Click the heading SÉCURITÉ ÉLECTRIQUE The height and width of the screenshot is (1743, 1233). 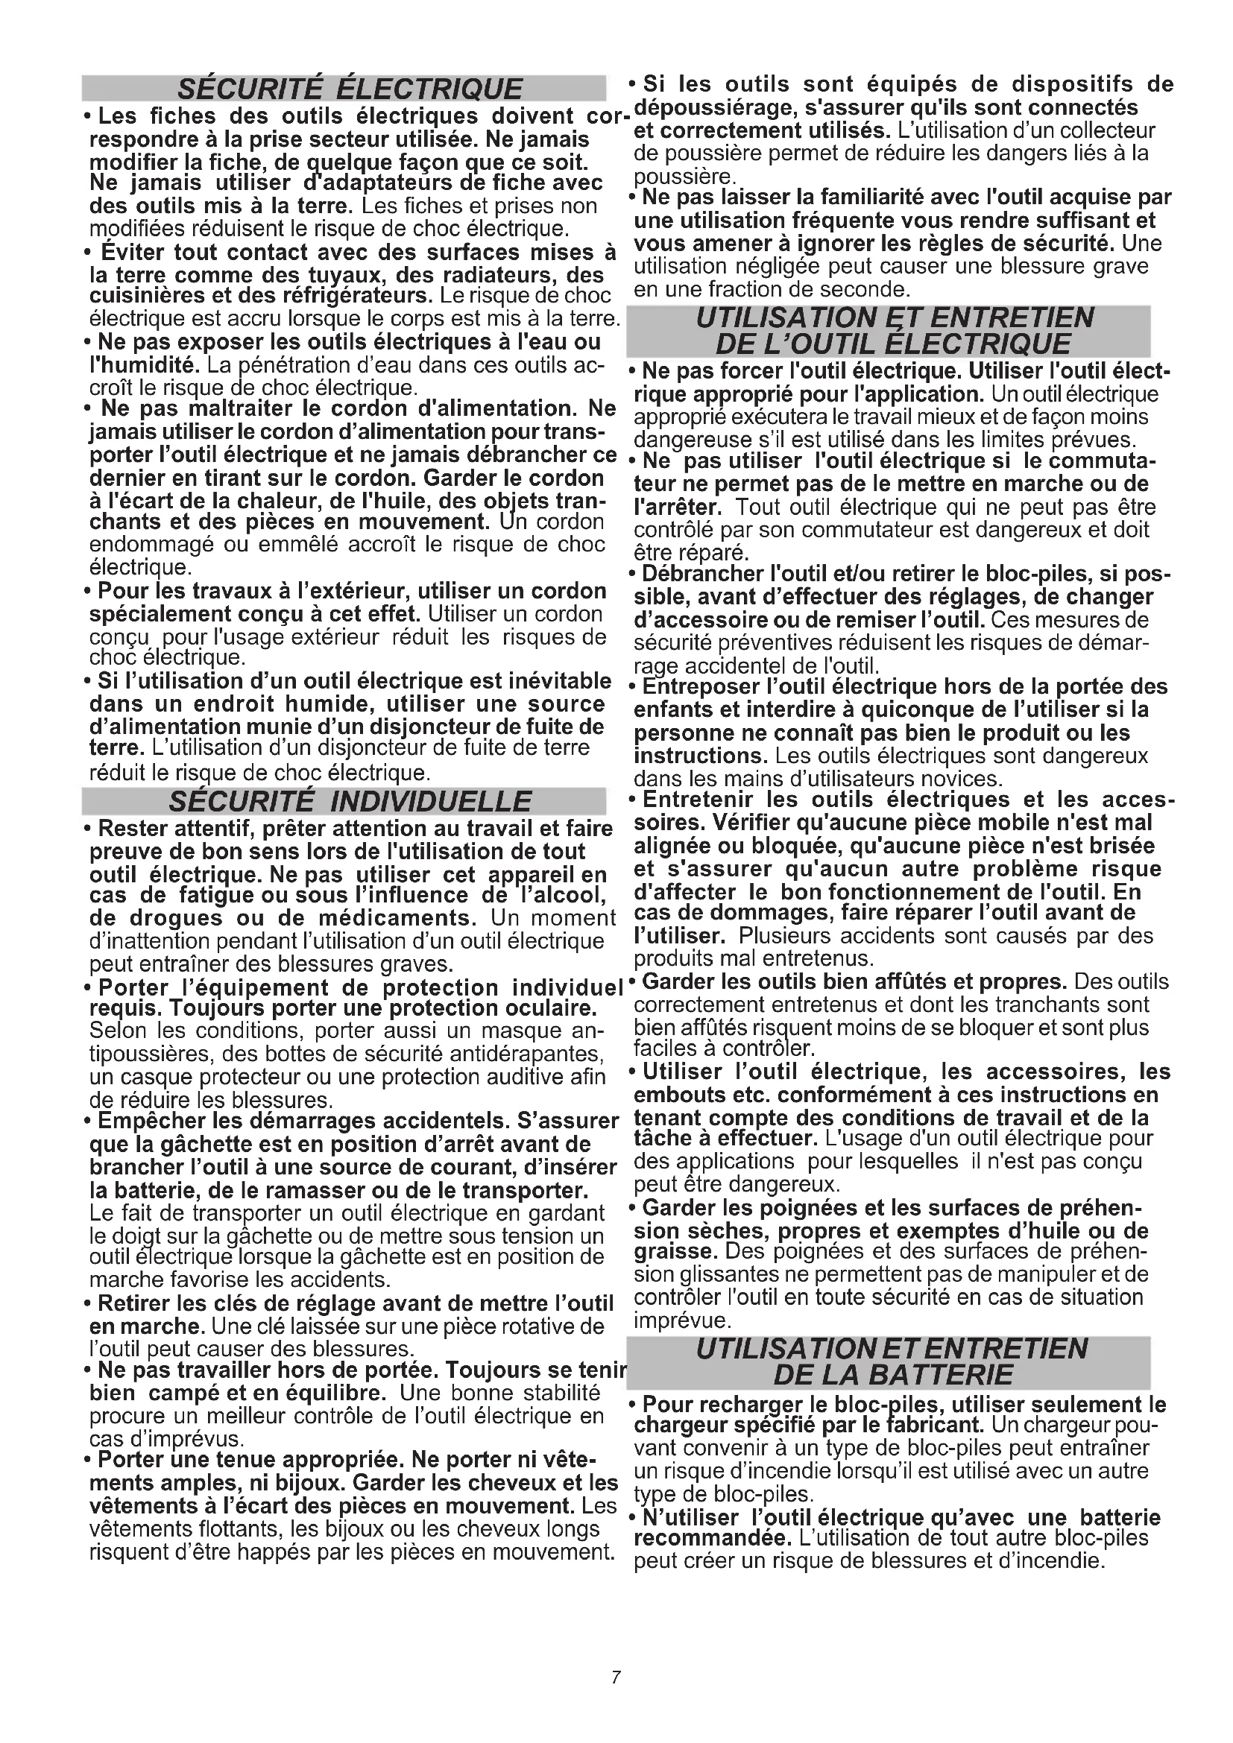(x=349, y=89)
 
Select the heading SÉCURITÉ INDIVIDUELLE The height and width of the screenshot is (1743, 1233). (x=349, y=802)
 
